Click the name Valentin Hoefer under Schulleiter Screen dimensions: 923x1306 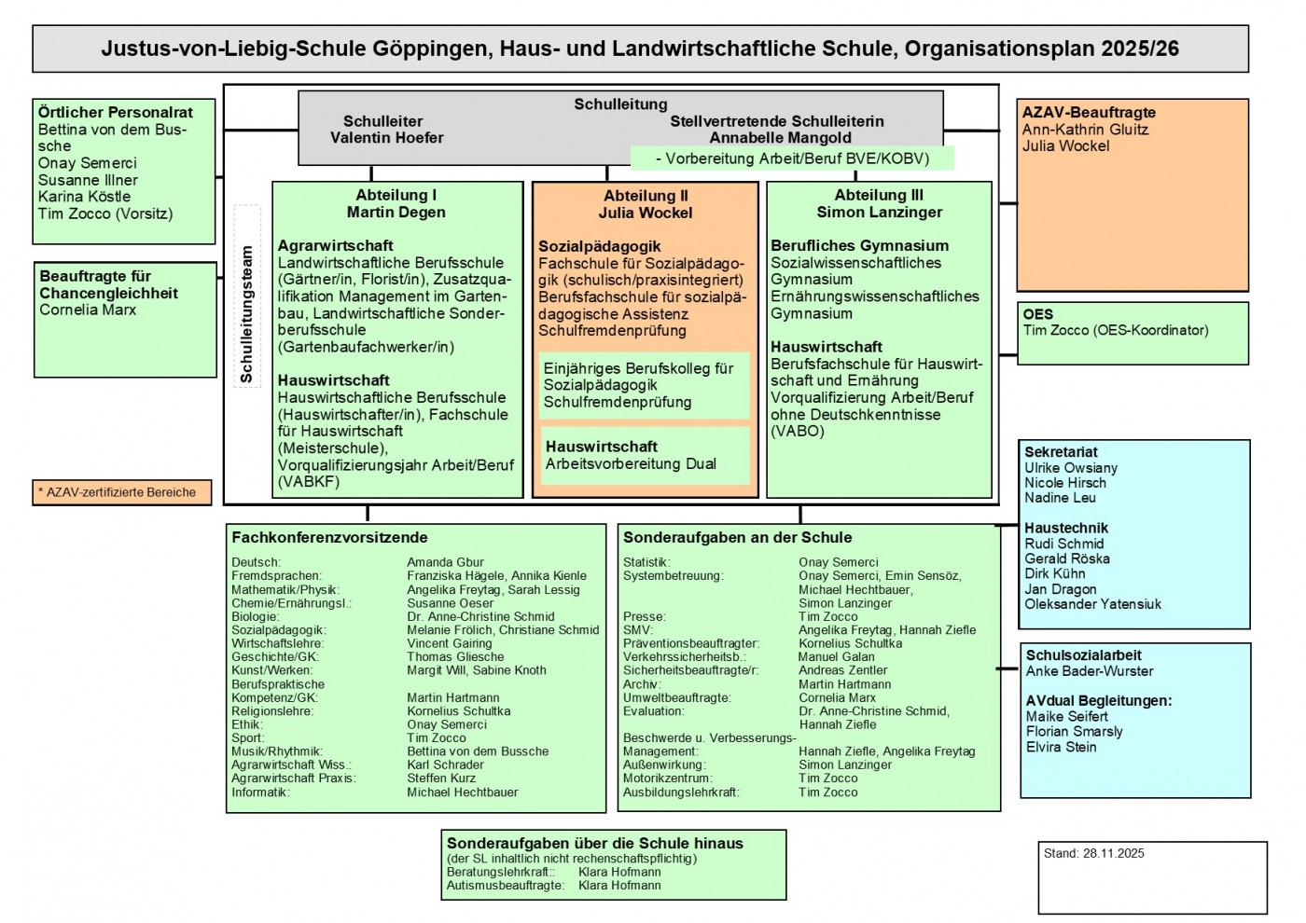[x=386, y=138]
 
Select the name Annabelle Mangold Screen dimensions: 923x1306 [x=780, y=138]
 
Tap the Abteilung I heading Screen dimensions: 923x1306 [x=396, y=195]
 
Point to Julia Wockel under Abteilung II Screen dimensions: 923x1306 [x=646, y=213]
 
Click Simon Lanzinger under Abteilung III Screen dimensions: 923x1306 [x=879, y=212]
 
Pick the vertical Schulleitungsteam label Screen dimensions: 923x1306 [x=247, y=314]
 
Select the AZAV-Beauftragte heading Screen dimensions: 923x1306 [x=1088, y=113]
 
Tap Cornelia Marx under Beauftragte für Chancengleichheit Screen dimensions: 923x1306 [x=88, y=310]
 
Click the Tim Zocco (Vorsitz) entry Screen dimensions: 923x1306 [x=105, y=214]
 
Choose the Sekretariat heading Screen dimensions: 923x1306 [x=1061, y=452]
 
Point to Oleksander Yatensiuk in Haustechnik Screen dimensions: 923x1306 [x=1092, y=604]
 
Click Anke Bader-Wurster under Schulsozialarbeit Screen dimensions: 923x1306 [x=1089, y=671]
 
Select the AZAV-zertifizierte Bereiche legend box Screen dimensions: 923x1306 [x=121, y=492]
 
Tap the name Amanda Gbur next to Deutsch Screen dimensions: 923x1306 [x=445, y=562]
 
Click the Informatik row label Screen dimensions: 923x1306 [x=260, y=792]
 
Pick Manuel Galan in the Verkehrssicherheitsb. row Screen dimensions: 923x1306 [x=836, y=656]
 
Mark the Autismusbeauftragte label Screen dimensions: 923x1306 [x=505, y=886]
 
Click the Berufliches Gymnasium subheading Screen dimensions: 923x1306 [x=859, y=246]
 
